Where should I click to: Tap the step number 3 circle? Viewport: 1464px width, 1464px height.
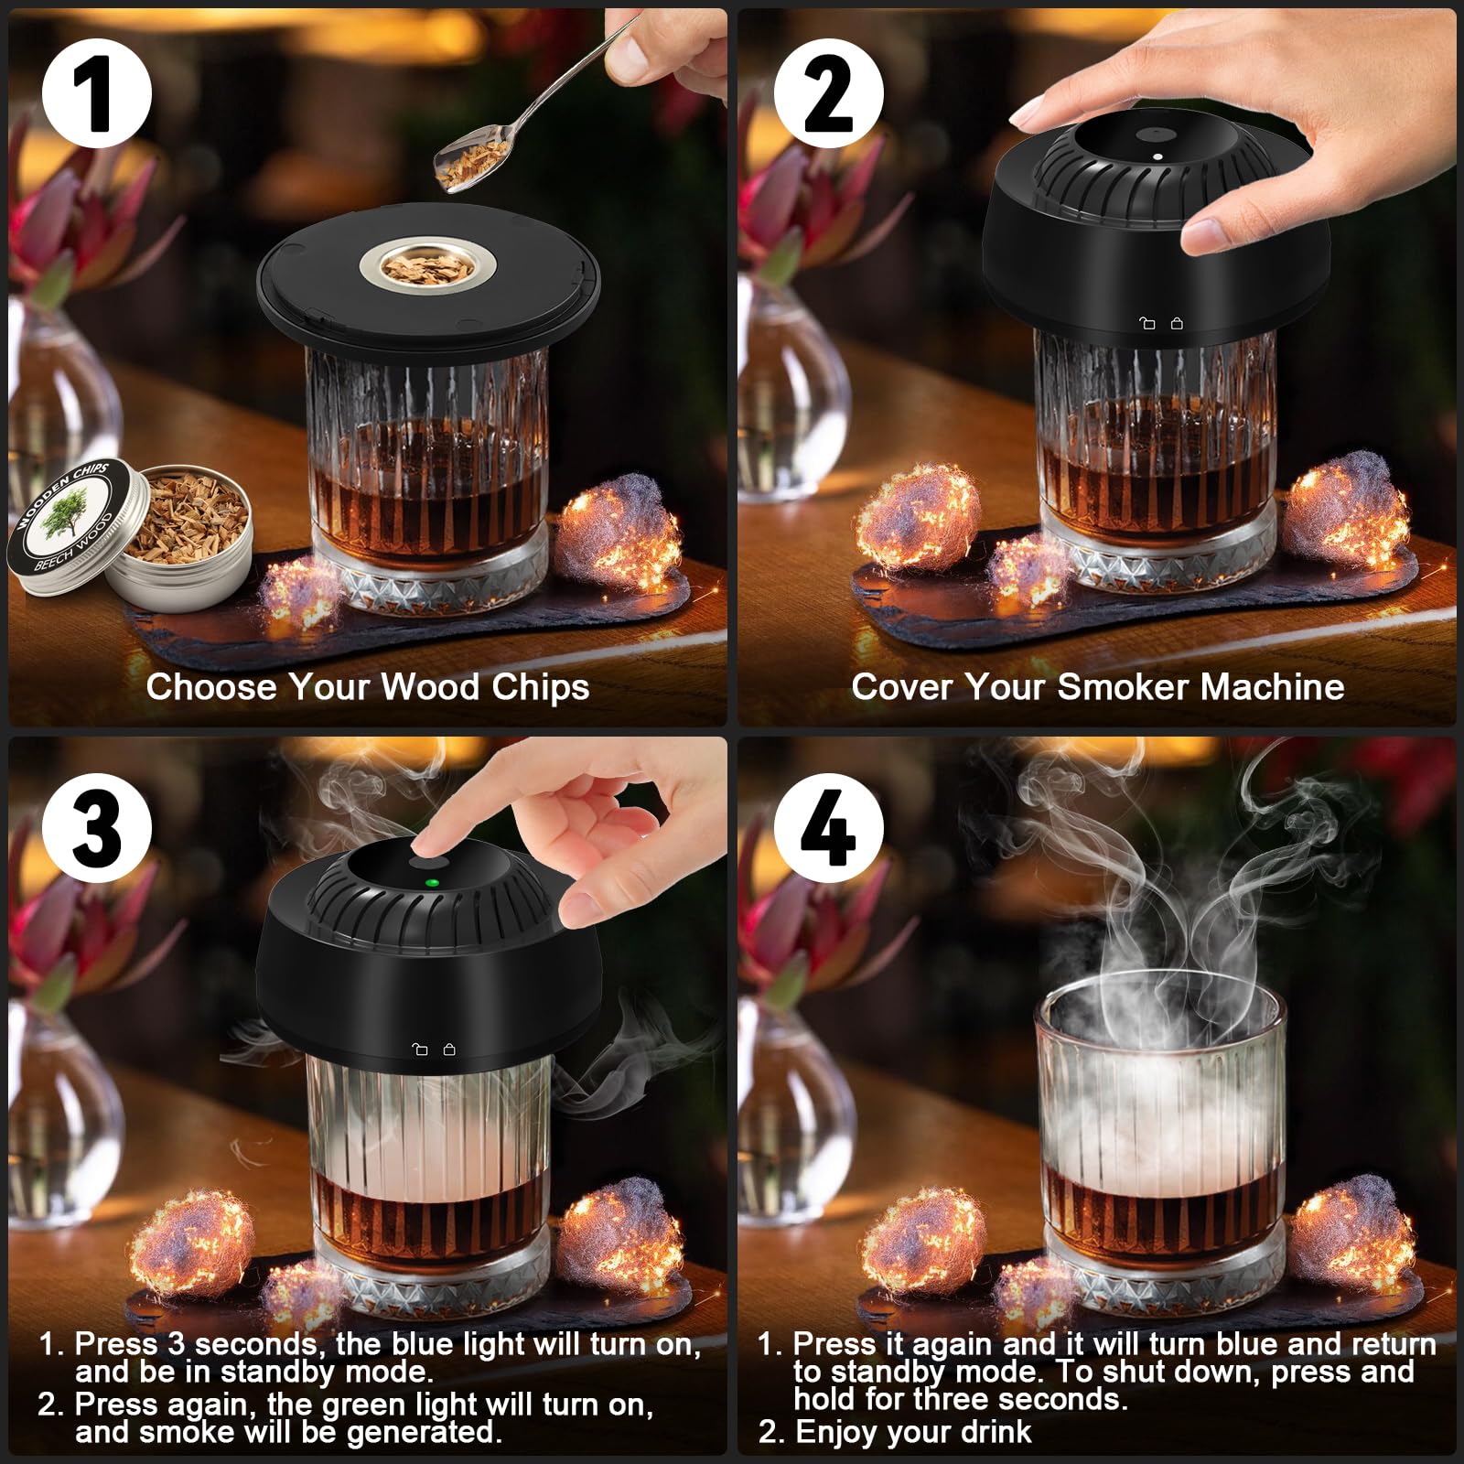[x=96, y=827]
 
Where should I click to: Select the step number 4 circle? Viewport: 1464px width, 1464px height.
[x=828, y=827]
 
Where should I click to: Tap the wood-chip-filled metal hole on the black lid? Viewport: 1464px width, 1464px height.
[x=427, y=268]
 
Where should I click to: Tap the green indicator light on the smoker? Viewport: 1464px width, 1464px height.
[x=433, y=884]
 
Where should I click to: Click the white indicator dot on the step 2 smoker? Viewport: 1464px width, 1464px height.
[x=1157, y=156]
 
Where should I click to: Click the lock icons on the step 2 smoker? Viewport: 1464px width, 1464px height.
[x=1161, y=323]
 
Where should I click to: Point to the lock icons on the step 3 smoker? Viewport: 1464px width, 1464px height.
[x=433, y=1050]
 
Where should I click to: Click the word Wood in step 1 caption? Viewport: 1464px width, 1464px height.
[x=430, y=687]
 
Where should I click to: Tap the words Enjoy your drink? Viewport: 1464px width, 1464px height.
[x=912, y=1432]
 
